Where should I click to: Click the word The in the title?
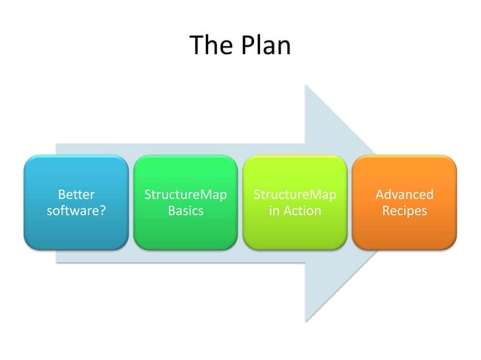pyautogui.click(x=209, y=45)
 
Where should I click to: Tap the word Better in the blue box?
pyautogui.click(x=76, y=195)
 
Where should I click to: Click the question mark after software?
pyautogui.click(x=102, y=211)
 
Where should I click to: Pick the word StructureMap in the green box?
pyautogui.click(x=185, y=195)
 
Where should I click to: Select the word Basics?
pyautogui.click(x=185, y=211)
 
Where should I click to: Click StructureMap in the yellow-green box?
pyautogui.click(x=295, y=195)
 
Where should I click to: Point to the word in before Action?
pyautogui.click(x=274, y=211)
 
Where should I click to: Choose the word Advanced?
pyautogui.click(x=404, y=195)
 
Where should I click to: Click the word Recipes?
pyautogui.click(x=404, y=211)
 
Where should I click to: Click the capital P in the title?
pyautogui.click(x=245, y=45)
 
